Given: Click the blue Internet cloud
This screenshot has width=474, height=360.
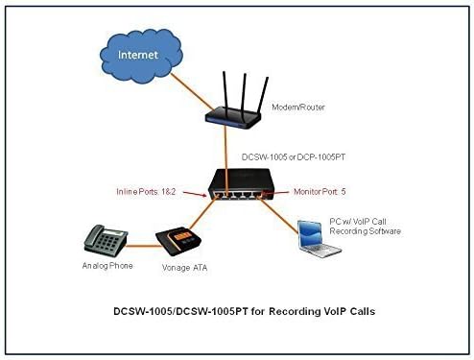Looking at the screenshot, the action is (x=141, y=56).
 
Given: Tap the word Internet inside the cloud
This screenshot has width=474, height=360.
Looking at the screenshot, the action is (x=138, y=55).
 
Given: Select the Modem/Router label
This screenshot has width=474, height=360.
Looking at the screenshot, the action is (x=298, y=108).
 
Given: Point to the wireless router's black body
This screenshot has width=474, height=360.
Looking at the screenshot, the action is (x=233, y=118).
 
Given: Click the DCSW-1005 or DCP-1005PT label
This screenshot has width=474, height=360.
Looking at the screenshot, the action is (x=294, y=157).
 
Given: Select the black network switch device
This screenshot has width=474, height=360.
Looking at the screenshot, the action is (x=241, y=184).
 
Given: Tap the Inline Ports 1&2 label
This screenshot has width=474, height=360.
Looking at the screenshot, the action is (x=146, y=192).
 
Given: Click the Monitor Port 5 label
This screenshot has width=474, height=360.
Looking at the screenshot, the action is (x=320, y=192).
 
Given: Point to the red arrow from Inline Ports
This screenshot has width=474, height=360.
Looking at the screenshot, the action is (x=195, y=194).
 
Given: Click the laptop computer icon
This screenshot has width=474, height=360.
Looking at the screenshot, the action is (x=318, y=239).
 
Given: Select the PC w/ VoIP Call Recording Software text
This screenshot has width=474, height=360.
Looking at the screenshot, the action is (x=365, y=227).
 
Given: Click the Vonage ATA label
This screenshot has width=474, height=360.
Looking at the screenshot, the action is (x=184, y=268).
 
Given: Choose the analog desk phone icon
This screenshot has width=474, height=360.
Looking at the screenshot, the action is (x=106, y=241).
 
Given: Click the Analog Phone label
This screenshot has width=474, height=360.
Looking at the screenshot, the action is (x=107, y=266).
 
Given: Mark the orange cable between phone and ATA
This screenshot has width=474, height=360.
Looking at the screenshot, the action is (x=143, y=246).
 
